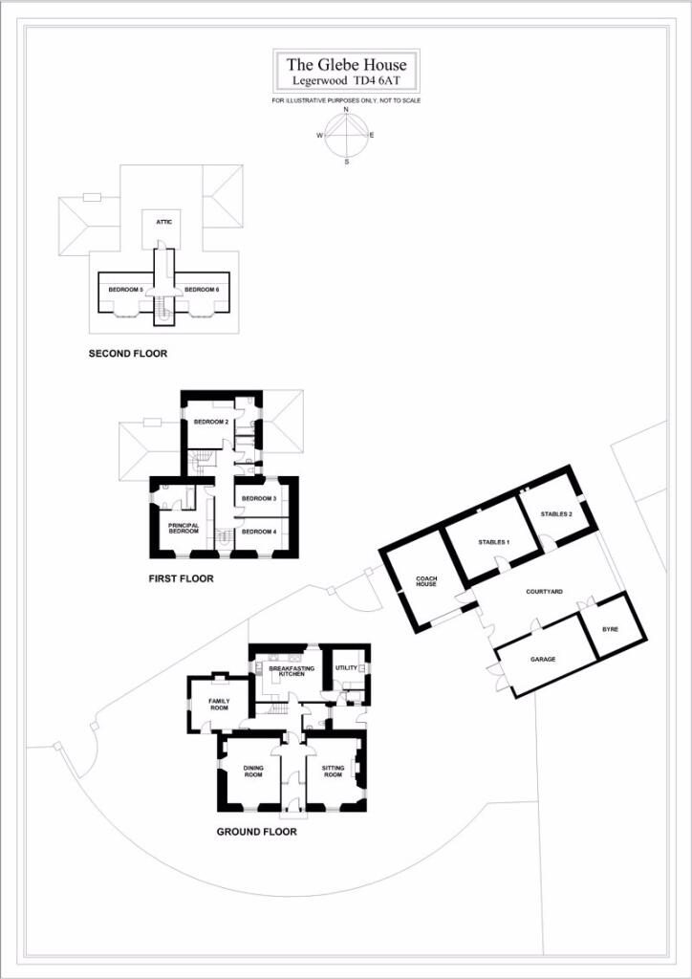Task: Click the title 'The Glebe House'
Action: (346, 64)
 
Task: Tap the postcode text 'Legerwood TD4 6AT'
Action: (346, 80)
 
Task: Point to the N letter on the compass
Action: (346, 109)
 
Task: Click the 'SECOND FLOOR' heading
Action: (128, 354)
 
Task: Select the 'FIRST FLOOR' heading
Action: (181, 578)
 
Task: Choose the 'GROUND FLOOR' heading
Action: (256, 832)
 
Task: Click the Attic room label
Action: (161, 222)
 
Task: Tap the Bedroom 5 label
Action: (126, 290)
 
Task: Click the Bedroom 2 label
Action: (211, 422)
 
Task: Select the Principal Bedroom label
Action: (184, 529)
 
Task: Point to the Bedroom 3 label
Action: (258, 499)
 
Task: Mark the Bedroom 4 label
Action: (258, 532)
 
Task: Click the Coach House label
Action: (427, 581)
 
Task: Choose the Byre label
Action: (610, 629)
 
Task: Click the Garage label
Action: (543, 659)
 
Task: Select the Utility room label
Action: (346, 668)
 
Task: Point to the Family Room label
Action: (218, 705)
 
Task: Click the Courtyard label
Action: (541, 590)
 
